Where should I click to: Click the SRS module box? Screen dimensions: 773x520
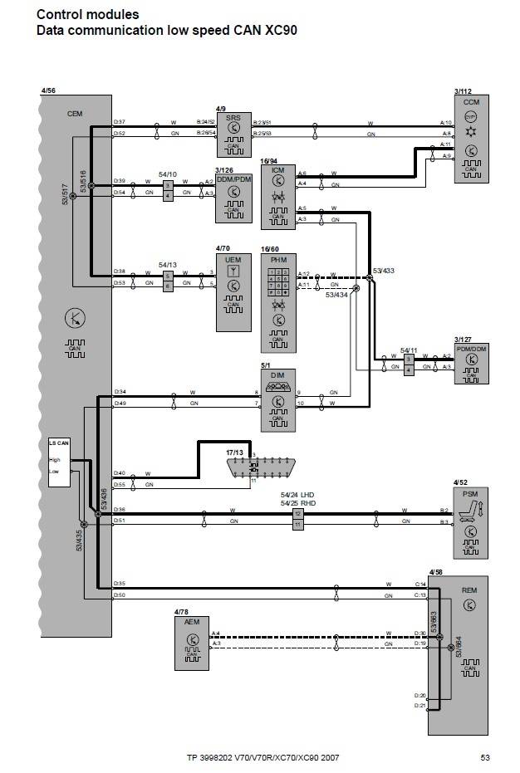(x=233, y=135)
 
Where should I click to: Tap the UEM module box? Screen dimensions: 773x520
(x=233, y=287)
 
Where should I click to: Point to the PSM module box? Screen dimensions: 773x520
(x=470, y=523)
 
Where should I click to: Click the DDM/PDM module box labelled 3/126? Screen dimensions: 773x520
(x=233, y=198)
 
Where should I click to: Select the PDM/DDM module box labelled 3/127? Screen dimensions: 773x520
(x=471, y=363)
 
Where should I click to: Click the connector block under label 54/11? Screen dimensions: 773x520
(x=409, y=363)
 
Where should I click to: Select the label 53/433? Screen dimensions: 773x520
(x=383, y=271)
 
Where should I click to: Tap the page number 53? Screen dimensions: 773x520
(x=485, y=757)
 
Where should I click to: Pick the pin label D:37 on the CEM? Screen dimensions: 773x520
(x=120, y=122)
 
